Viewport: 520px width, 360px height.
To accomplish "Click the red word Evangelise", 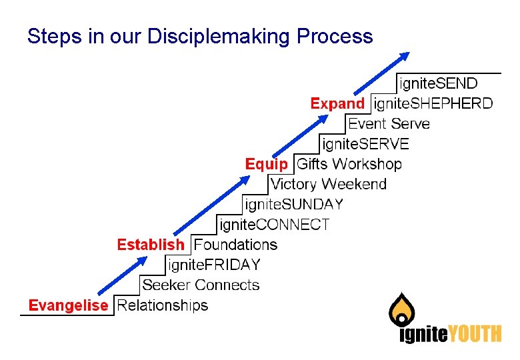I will tap(67, 305).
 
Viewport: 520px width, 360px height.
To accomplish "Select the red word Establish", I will tap(150, 245).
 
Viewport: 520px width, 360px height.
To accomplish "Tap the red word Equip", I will tap(267, 164).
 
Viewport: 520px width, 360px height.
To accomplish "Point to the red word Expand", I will tap(337, 103).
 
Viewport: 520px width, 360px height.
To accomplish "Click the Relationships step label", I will tap(162, 305).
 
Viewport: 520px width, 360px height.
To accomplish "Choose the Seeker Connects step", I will tap(201, 285).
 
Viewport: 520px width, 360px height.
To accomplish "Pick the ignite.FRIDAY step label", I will tap(214, 265).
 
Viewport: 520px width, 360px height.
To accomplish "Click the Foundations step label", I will tap(235, 245).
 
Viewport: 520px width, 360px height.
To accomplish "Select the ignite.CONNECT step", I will tap(274, 225).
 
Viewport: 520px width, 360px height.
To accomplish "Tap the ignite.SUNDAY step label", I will tap(294, 204).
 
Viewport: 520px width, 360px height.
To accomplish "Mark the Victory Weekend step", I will tap(329, 184).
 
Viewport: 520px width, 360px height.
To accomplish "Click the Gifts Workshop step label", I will tap(349, 164).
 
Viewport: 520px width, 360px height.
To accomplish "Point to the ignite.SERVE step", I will tap(365, 143).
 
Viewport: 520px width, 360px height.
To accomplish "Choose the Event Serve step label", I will tap(389, 123).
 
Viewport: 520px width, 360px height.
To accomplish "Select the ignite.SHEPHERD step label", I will tap(433, 103).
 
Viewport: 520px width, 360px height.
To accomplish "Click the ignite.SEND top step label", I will tap(438, 83).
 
